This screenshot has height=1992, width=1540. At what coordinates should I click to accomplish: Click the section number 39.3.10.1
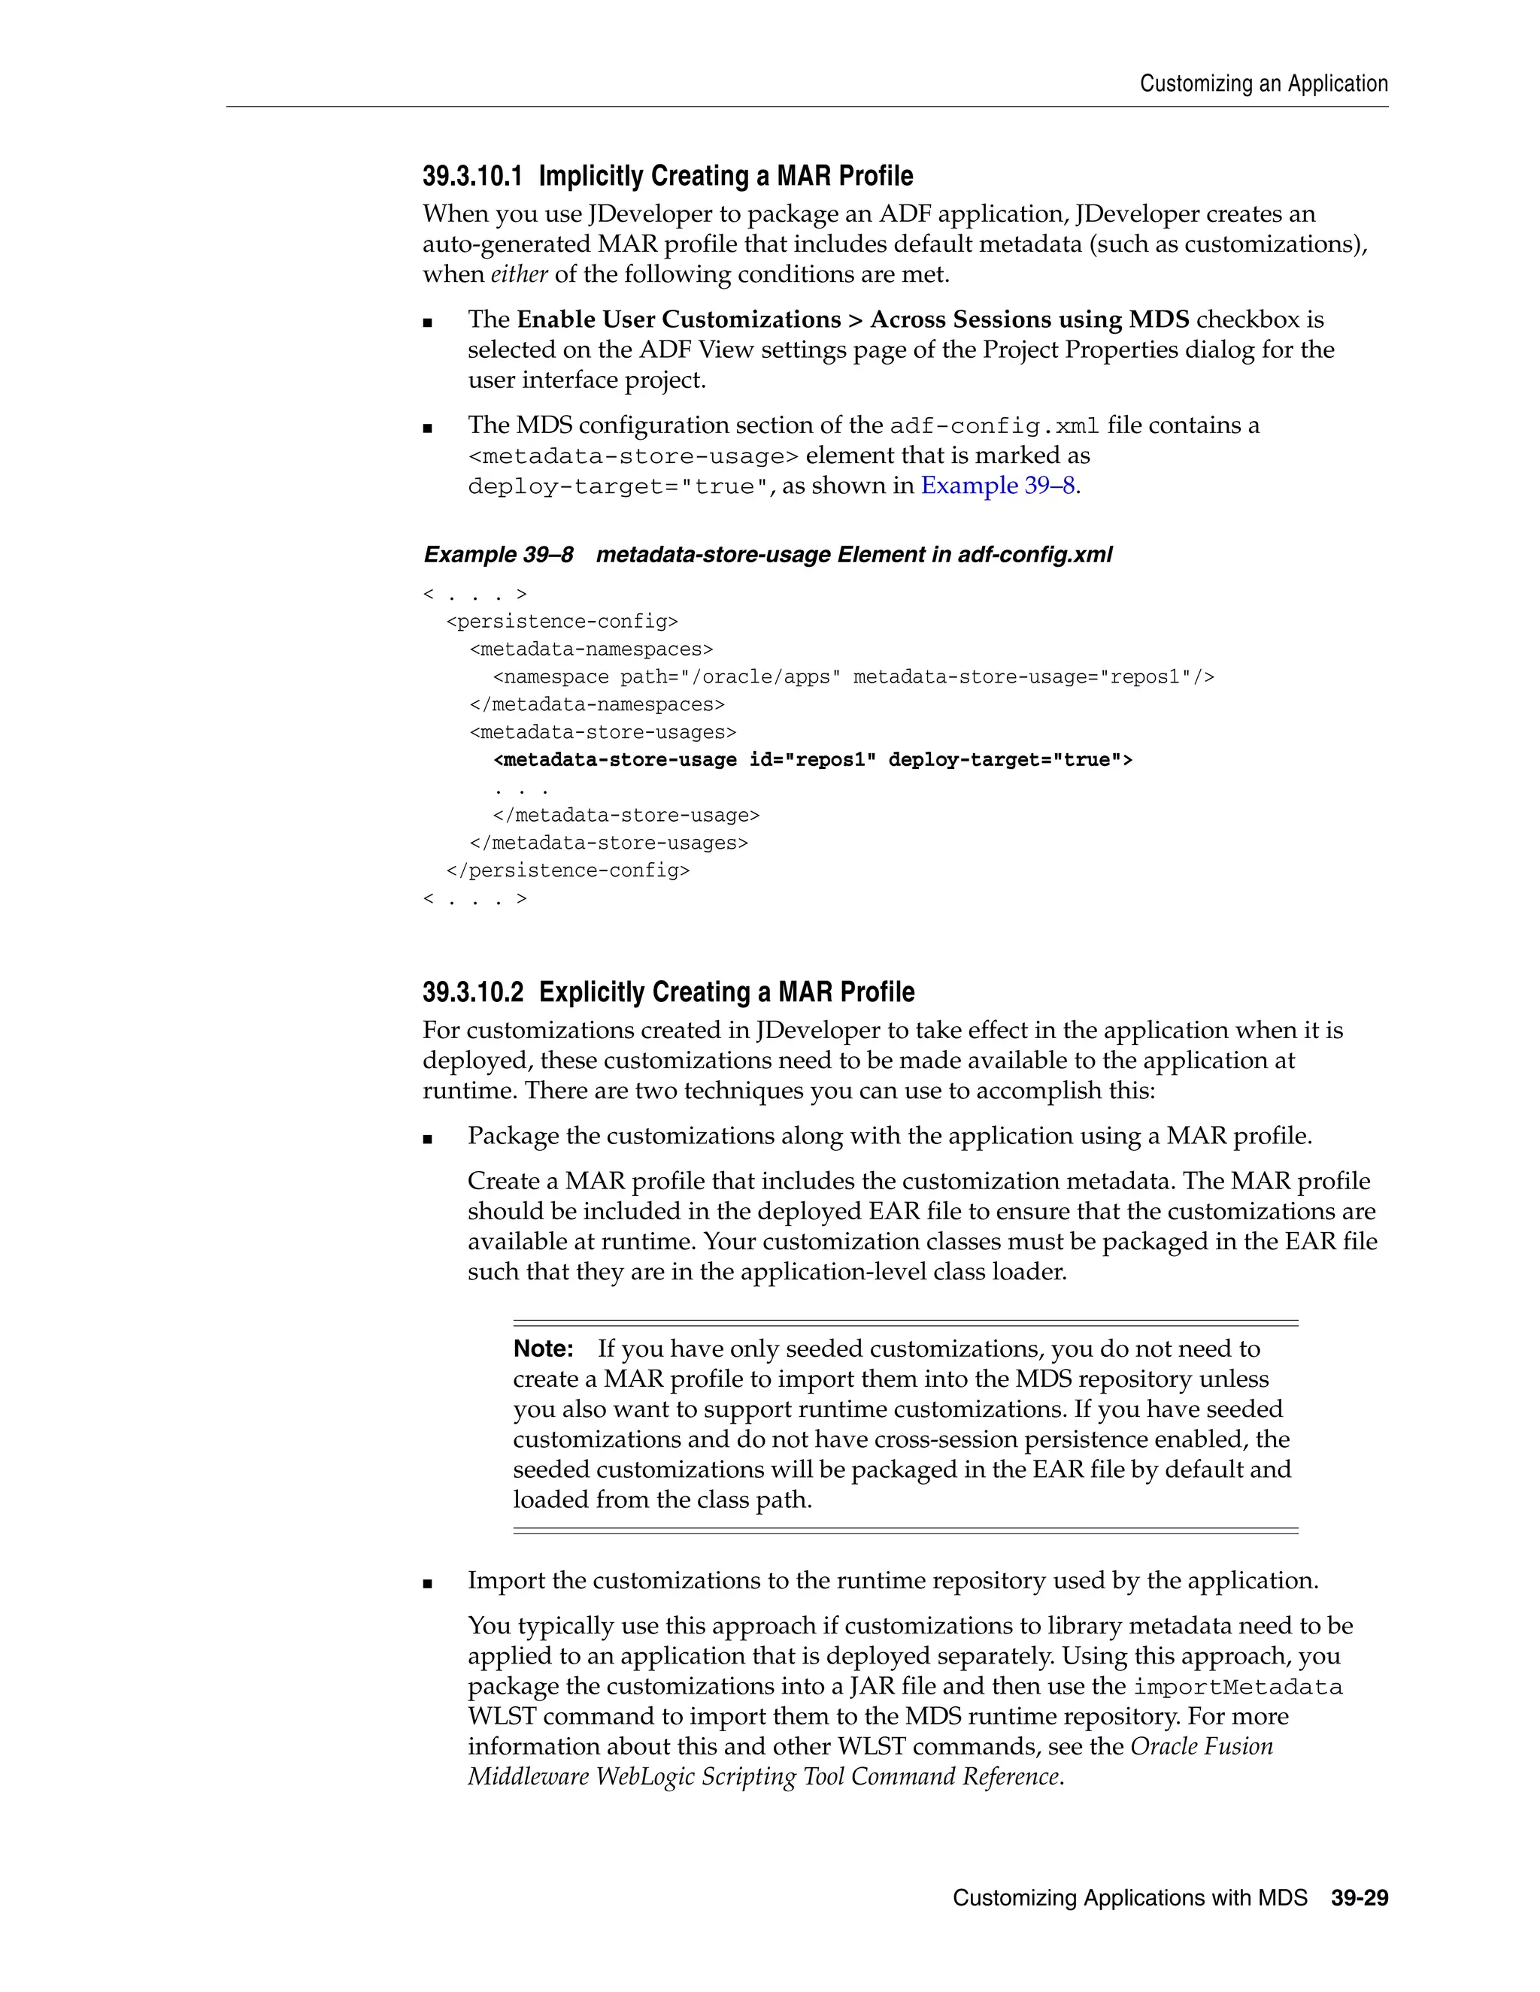tap(471, 176)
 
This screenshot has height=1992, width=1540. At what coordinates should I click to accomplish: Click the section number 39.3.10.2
tap(471, 992)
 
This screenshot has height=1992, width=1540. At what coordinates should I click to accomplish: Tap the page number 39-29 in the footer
tap(1360, 1898)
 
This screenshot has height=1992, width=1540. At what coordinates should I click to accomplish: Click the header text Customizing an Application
tap(1263, 84)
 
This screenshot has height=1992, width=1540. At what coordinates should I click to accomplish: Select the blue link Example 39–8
tap(997, 486)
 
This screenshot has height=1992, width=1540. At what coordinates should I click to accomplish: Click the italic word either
tap(519, 274)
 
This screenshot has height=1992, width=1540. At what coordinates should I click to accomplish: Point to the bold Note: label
tap(543, 1349)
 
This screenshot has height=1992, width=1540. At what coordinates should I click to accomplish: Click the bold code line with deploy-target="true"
tap(812, 760)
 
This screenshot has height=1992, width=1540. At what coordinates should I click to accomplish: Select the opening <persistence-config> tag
tap(562, 621)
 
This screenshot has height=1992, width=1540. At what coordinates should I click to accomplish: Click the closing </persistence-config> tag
tap(568, 870)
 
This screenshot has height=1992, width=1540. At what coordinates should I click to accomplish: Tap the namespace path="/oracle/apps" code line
tap(853, 677)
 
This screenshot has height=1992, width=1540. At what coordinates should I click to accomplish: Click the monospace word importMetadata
tap(1238, 1688)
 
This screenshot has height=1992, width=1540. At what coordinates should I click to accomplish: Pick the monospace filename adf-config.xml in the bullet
tap(993, 426)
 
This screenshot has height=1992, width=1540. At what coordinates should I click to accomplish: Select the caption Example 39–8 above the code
tap(498, 555)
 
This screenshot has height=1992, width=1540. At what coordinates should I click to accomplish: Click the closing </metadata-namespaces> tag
tap(596, 704)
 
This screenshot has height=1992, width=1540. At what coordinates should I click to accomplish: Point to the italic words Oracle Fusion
tap(1202, 1747)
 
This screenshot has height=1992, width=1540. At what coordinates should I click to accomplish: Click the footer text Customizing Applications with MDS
tap(1129, 1898)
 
